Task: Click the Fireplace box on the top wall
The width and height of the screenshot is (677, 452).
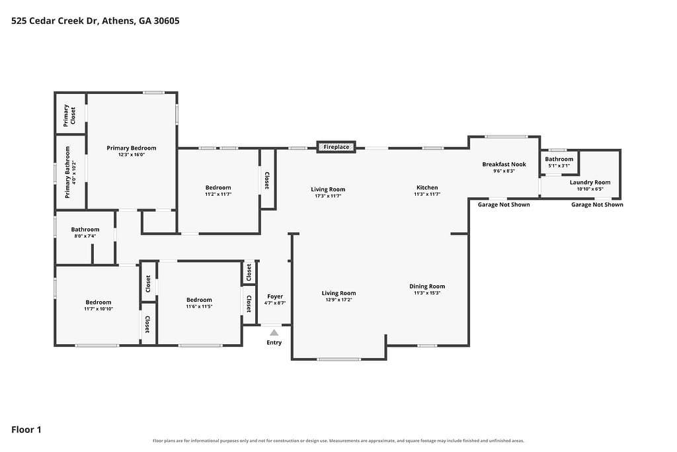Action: click(x=336, y=147)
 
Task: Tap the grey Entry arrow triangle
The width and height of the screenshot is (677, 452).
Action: click(x=274, y=332)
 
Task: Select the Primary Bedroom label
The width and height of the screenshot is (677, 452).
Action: click(x=132, y=148)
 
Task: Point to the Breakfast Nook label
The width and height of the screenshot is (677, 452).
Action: click(x=504, y=164)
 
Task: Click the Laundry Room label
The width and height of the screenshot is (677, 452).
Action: click(x=590, y=183)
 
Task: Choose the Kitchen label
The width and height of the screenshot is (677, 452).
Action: click(x=427, y=187)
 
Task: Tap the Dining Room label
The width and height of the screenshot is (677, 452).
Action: click(x=427, y=286)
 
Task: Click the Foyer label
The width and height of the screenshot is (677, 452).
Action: click(x=275, y=296)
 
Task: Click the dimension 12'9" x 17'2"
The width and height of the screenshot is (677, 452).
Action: click(x=339, y=300)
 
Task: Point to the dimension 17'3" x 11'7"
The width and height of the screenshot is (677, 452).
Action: click(x=328, y=196)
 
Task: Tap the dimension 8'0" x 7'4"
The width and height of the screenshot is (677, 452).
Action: click(x=85, y=236)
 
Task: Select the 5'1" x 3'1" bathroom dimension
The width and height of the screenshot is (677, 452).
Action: click(x=559, y=165)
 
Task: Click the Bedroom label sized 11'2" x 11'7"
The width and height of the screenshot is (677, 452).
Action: click(x=218, y=187)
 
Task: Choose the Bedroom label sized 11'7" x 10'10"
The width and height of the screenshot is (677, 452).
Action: click(x=99, y=302)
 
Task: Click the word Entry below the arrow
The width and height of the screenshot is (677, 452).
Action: click(x=274, y=343)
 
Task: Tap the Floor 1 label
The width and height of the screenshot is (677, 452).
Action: click(x=26, y=429)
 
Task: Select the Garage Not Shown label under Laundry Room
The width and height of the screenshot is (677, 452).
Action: click(x=597, y=204)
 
